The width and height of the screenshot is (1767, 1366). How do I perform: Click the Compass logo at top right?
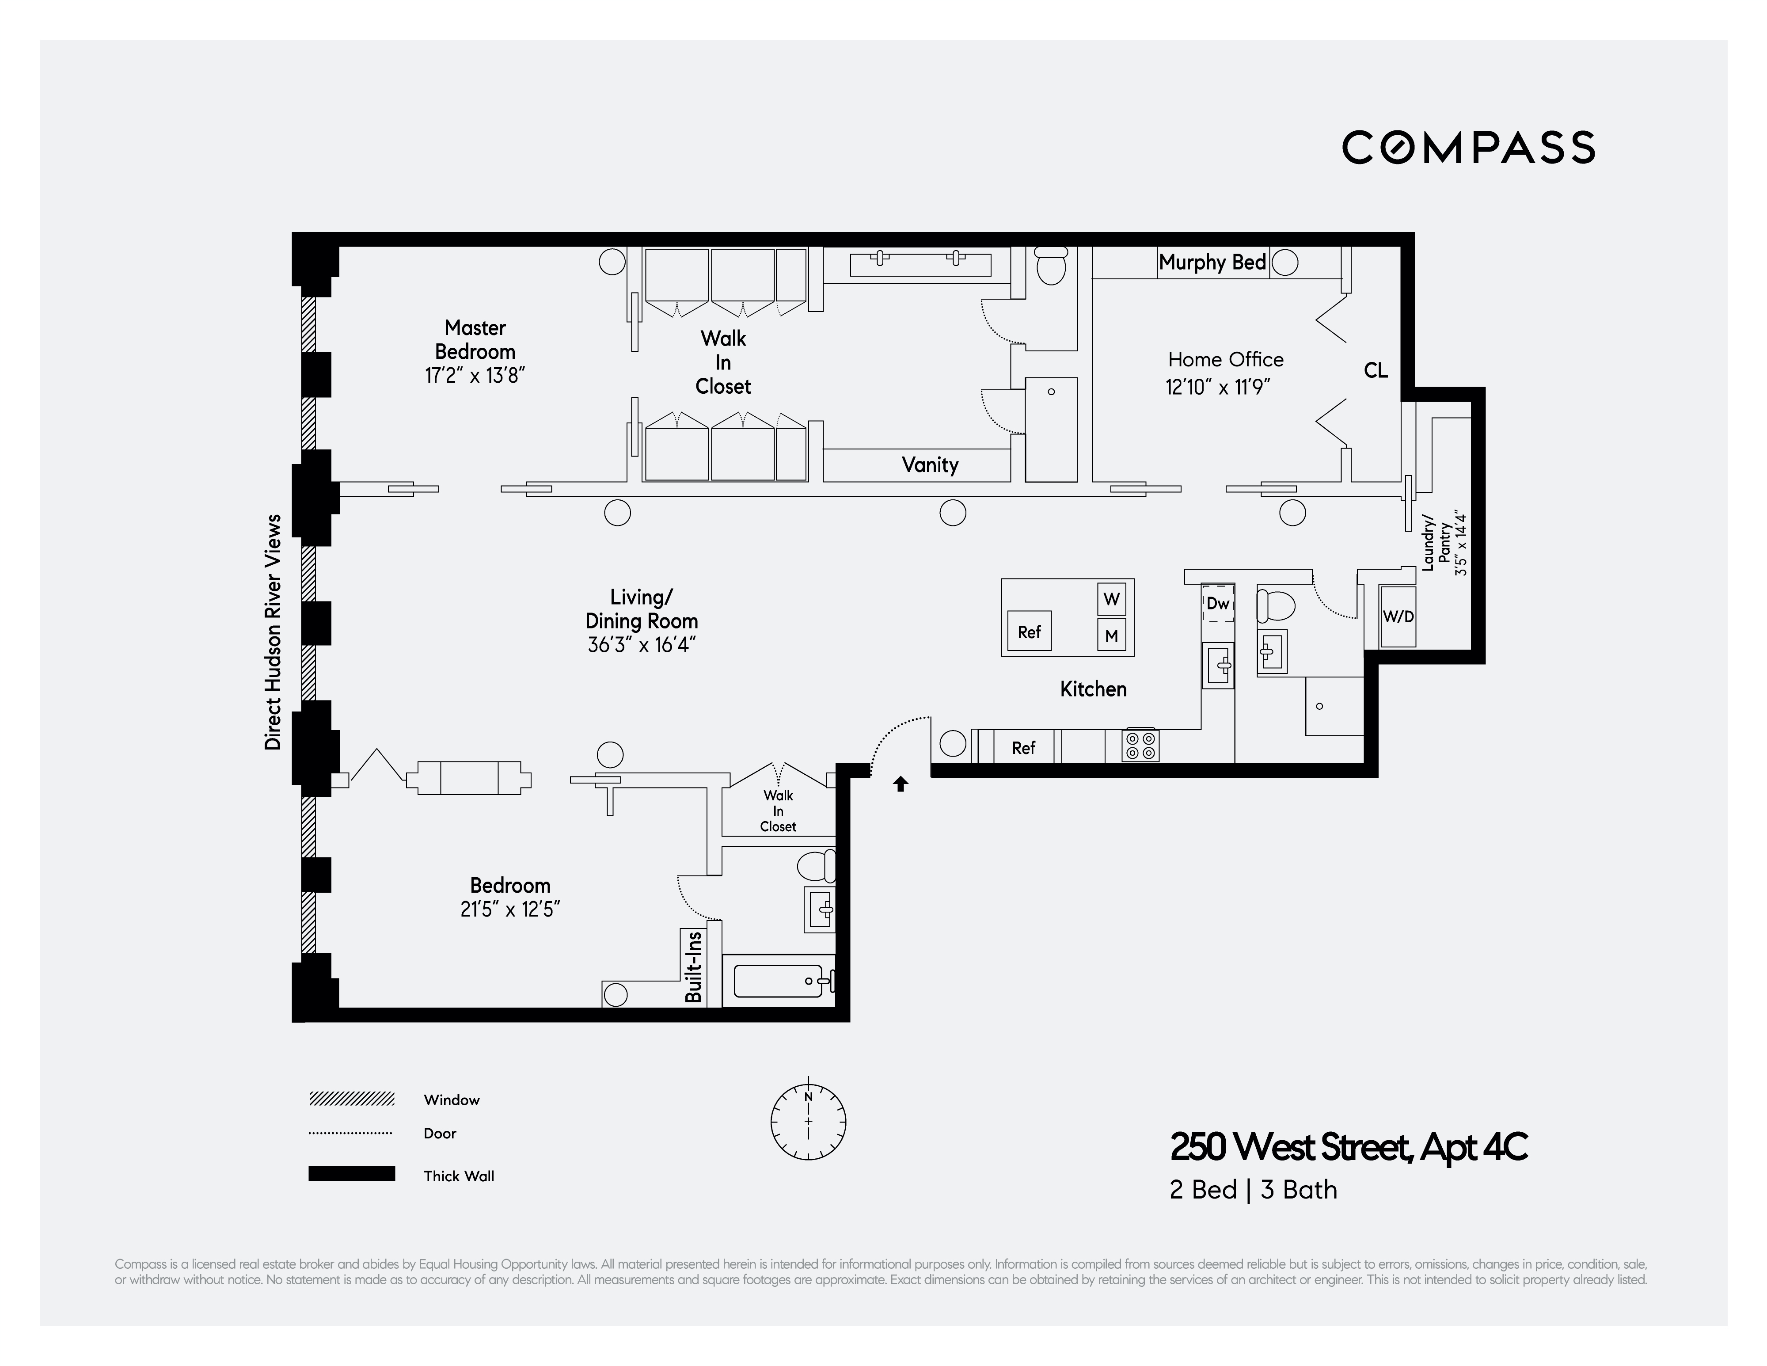[1468, 147]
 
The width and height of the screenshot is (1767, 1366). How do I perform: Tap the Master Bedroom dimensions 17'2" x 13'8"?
[475, 376]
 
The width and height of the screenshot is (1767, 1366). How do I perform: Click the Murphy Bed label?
[1212, 262]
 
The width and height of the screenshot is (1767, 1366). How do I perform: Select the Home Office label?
[1225, 359]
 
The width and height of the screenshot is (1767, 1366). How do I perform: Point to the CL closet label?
[1376, 371]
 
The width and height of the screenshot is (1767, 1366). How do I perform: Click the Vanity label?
[930, 464]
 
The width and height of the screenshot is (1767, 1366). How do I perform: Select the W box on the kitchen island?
[1112, 599]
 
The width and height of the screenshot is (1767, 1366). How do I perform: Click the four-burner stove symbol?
[1140, 745]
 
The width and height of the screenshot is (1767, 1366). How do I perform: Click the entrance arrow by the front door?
[901, 784]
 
